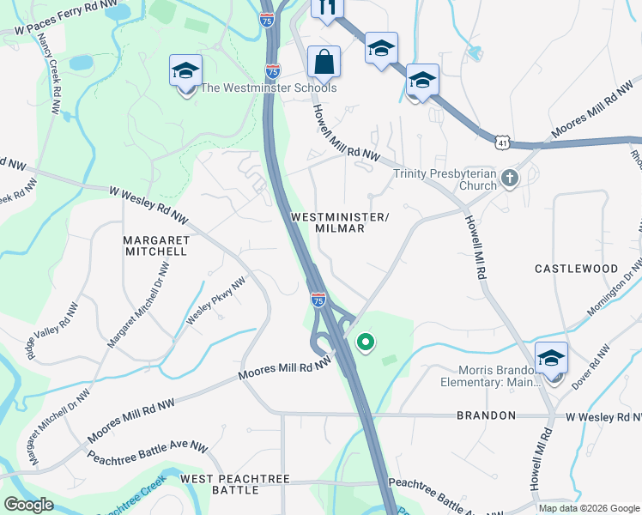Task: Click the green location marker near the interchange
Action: click(x=366, y=343)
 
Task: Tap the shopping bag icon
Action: click(x=324, y=62)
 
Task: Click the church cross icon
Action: click(x=510, y=179)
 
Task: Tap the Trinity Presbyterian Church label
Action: click(x=445, y=179)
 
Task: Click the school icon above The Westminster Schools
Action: click(x=185, y=71)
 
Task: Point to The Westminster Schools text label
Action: click(x=268, y=88)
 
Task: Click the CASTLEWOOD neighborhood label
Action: click(x=576, y=269)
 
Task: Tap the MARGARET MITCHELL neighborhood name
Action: click(x=155, y=245)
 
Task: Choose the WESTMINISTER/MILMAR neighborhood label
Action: click(x=340, y=223)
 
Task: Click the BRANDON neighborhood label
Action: click(x=486, y=415)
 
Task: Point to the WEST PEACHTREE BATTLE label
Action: click(x=234, y=484)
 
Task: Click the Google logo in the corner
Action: click(x=29, y=505)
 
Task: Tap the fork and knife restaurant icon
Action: click(x=326, y=7)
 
